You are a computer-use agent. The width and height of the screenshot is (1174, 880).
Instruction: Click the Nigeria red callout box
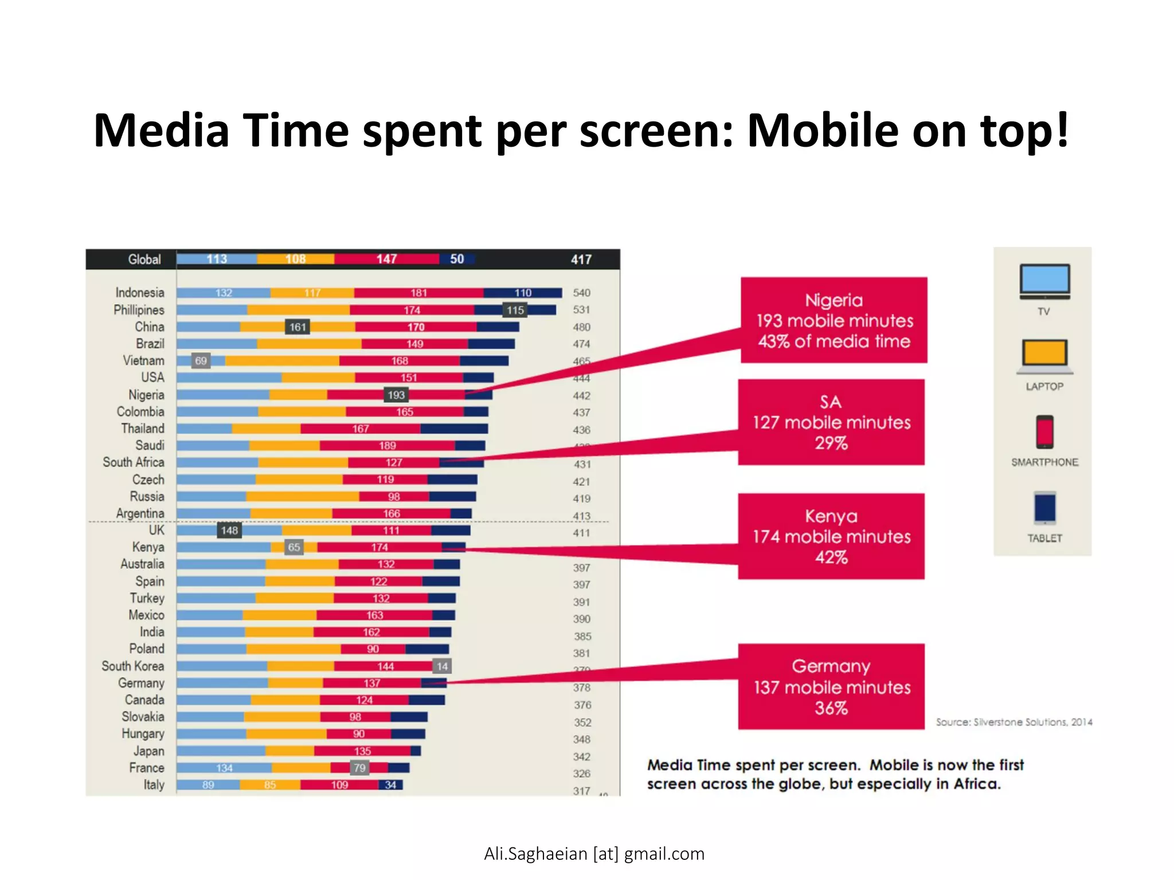(833, 320)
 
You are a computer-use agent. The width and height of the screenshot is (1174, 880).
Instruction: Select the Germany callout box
(831, 686)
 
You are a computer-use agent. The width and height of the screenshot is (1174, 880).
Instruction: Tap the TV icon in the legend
(1044, 281)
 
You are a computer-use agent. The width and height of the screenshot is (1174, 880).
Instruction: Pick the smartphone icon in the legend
(1044, 432)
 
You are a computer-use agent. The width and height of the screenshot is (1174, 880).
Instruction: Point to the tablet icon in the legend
(1044, 508)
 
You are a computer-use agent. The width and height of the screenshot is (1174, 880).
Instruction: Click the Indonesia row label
(139, 293)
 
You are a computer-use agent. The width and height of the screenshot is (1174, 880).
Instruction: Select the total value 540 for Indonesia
(581, 293)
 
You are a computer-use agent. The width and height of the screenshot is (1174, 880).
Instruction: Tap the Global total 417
(581, 260)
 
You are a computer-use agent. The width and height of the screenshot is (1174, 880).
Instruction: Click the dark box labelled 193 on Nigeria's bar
(396, 395)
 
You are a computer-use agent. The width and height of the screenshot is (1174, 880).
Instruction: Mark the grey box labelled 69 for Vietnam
(201, 361)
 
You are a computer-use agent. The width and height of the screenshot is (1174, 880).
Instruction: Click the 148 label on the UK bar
(229, 531)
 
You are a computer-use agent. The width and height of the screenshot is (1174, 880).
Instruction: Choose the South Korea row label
(132, 666)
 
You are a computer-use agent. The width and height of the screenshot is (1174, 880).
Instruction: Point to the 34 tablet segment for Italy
(390, 785)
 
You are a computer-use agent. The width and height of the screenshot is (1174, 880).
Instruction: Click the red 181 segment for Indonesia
(418, 293)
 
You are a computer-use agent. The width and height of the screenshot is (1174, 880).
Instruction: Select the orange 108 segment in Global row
(295, 259)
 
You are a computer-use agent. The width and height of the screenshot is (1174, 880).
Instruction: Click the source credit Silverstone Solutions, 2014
(1013, 722)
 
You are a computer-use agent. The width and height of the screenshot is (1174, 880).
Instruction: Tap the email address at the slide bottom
(594, 854)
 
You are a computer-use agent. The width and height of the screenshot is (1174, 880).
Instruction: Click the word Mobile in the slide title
(823, 131)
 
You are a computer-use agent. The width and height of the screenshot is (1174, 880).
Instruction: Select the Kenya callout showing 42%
(831, 536)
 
